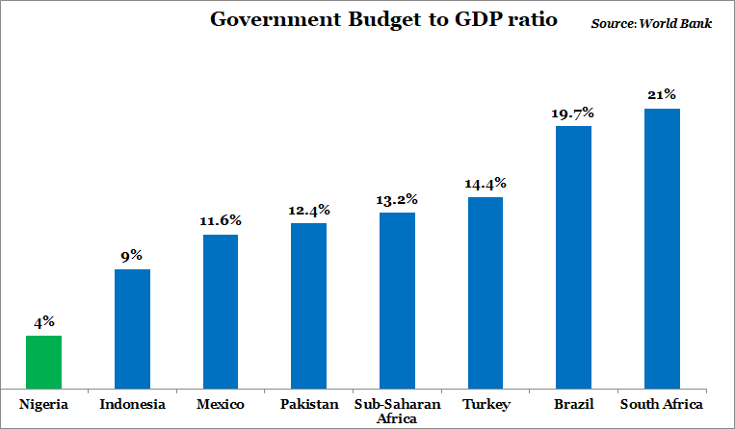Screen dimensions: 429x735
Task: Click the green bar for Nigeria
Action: pyautogui.click(x=43, y=362)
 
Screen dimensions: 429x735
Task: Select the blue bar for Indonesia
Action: pyautogui.click(x=132, y=329)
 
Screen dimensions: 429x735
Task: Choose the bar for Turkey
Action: pyautogui.click(x=486, y=292)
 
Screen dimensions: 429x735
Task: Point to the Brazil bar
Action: pyautogui.click(x=573, y=257)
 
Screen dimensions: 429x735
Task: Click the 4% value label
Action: pyautogui.click(x=44, y=322)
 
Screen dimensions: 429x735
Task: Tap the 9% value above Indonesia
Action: pyautogui.click(x=132, y=256)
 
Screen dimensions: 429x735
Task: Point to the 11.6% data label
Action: pyautogui.click(x=221, y=221)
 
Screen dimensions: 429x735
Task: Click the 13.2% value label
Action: pyautogui.click(x=397, y=199)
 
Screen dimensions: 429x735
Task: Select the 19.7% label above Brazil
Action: pyautogui.click(x=573, y=113)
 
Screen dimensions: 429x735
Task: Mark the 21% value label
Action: pyautogui.click(x=662, y=95)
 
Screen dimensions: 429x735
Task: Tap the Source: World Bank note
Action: pyautogui.click(x=651, y=22)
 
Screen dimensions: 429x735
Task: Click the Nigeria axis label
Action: pyautogui.click(x=44, y=404)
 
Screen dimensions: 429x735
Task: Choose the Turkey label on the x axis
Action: pyautogui.click(x=486, y=404)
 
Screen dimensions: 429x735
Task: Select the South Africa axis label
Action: pyautogui.click(x=662, y=404)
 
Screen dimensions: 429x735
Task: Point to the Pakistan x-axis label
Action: pyautogui.click(x=309, y=404)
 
